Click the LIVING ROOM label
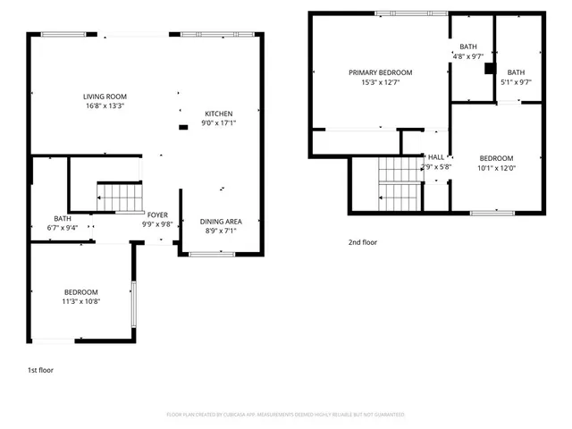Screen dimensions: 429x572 104,97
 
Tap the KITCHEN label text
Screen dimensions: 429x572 219,114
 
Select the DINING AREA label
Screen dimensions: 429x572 220,222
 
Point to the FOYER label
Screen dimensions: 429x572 157,214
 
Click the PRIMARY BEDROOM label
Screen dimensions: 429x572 380,72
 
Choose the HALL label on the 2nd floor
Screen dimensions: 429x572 436,156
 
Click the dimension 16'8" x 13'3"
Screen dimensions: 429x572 104,106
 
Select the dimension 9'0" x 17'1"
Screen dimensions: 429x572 219,123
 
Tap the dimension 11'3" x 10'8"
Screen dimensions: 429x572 80,301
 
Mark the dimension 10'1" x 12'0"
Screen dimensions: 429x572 496,167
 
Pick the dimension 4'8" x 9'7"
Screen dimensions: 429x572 468,56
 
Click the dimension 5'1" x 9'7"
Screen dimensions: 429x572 517,82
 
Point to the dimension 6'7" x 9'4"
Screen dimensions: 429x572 63,227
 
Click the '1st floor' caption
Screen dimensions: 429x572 40,369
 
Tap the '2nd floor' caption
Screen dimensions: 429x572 363,241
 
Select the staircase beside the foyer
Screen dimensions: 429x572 119,197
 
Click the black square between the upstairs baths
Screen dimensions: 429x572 489,67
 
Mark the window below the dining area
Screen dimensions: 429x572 212,255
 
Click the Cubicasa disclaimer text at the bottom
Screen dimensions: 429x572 286,415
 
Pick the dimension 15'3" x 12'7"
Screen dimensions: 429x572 380,82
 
